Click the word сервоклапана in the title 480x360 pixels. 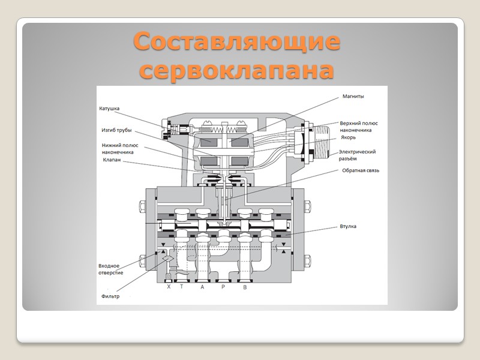[236, 70]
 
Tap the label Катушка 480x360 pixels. [109, 109]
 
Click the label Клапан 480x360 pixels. [112, 160]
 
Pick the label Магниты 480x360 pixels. [353, 96]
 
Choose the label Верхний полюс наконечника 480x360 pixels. [359, 126]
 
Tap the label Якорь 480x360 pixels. [349, 137]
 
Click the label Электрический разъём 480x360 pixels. [358, 155]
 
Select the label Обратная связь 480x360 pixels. [360, 170]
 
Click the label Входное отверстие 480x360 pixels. [111, 269]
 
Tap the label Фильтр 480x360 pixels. [110, 296]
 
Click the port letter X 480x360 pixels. [169, 287]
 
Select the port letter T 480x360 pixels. [181, 287]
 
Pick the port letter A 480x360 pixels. [202, 287]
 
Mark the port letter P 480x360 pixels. [223, 287]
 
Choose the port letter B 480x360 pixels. [244, 287]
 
